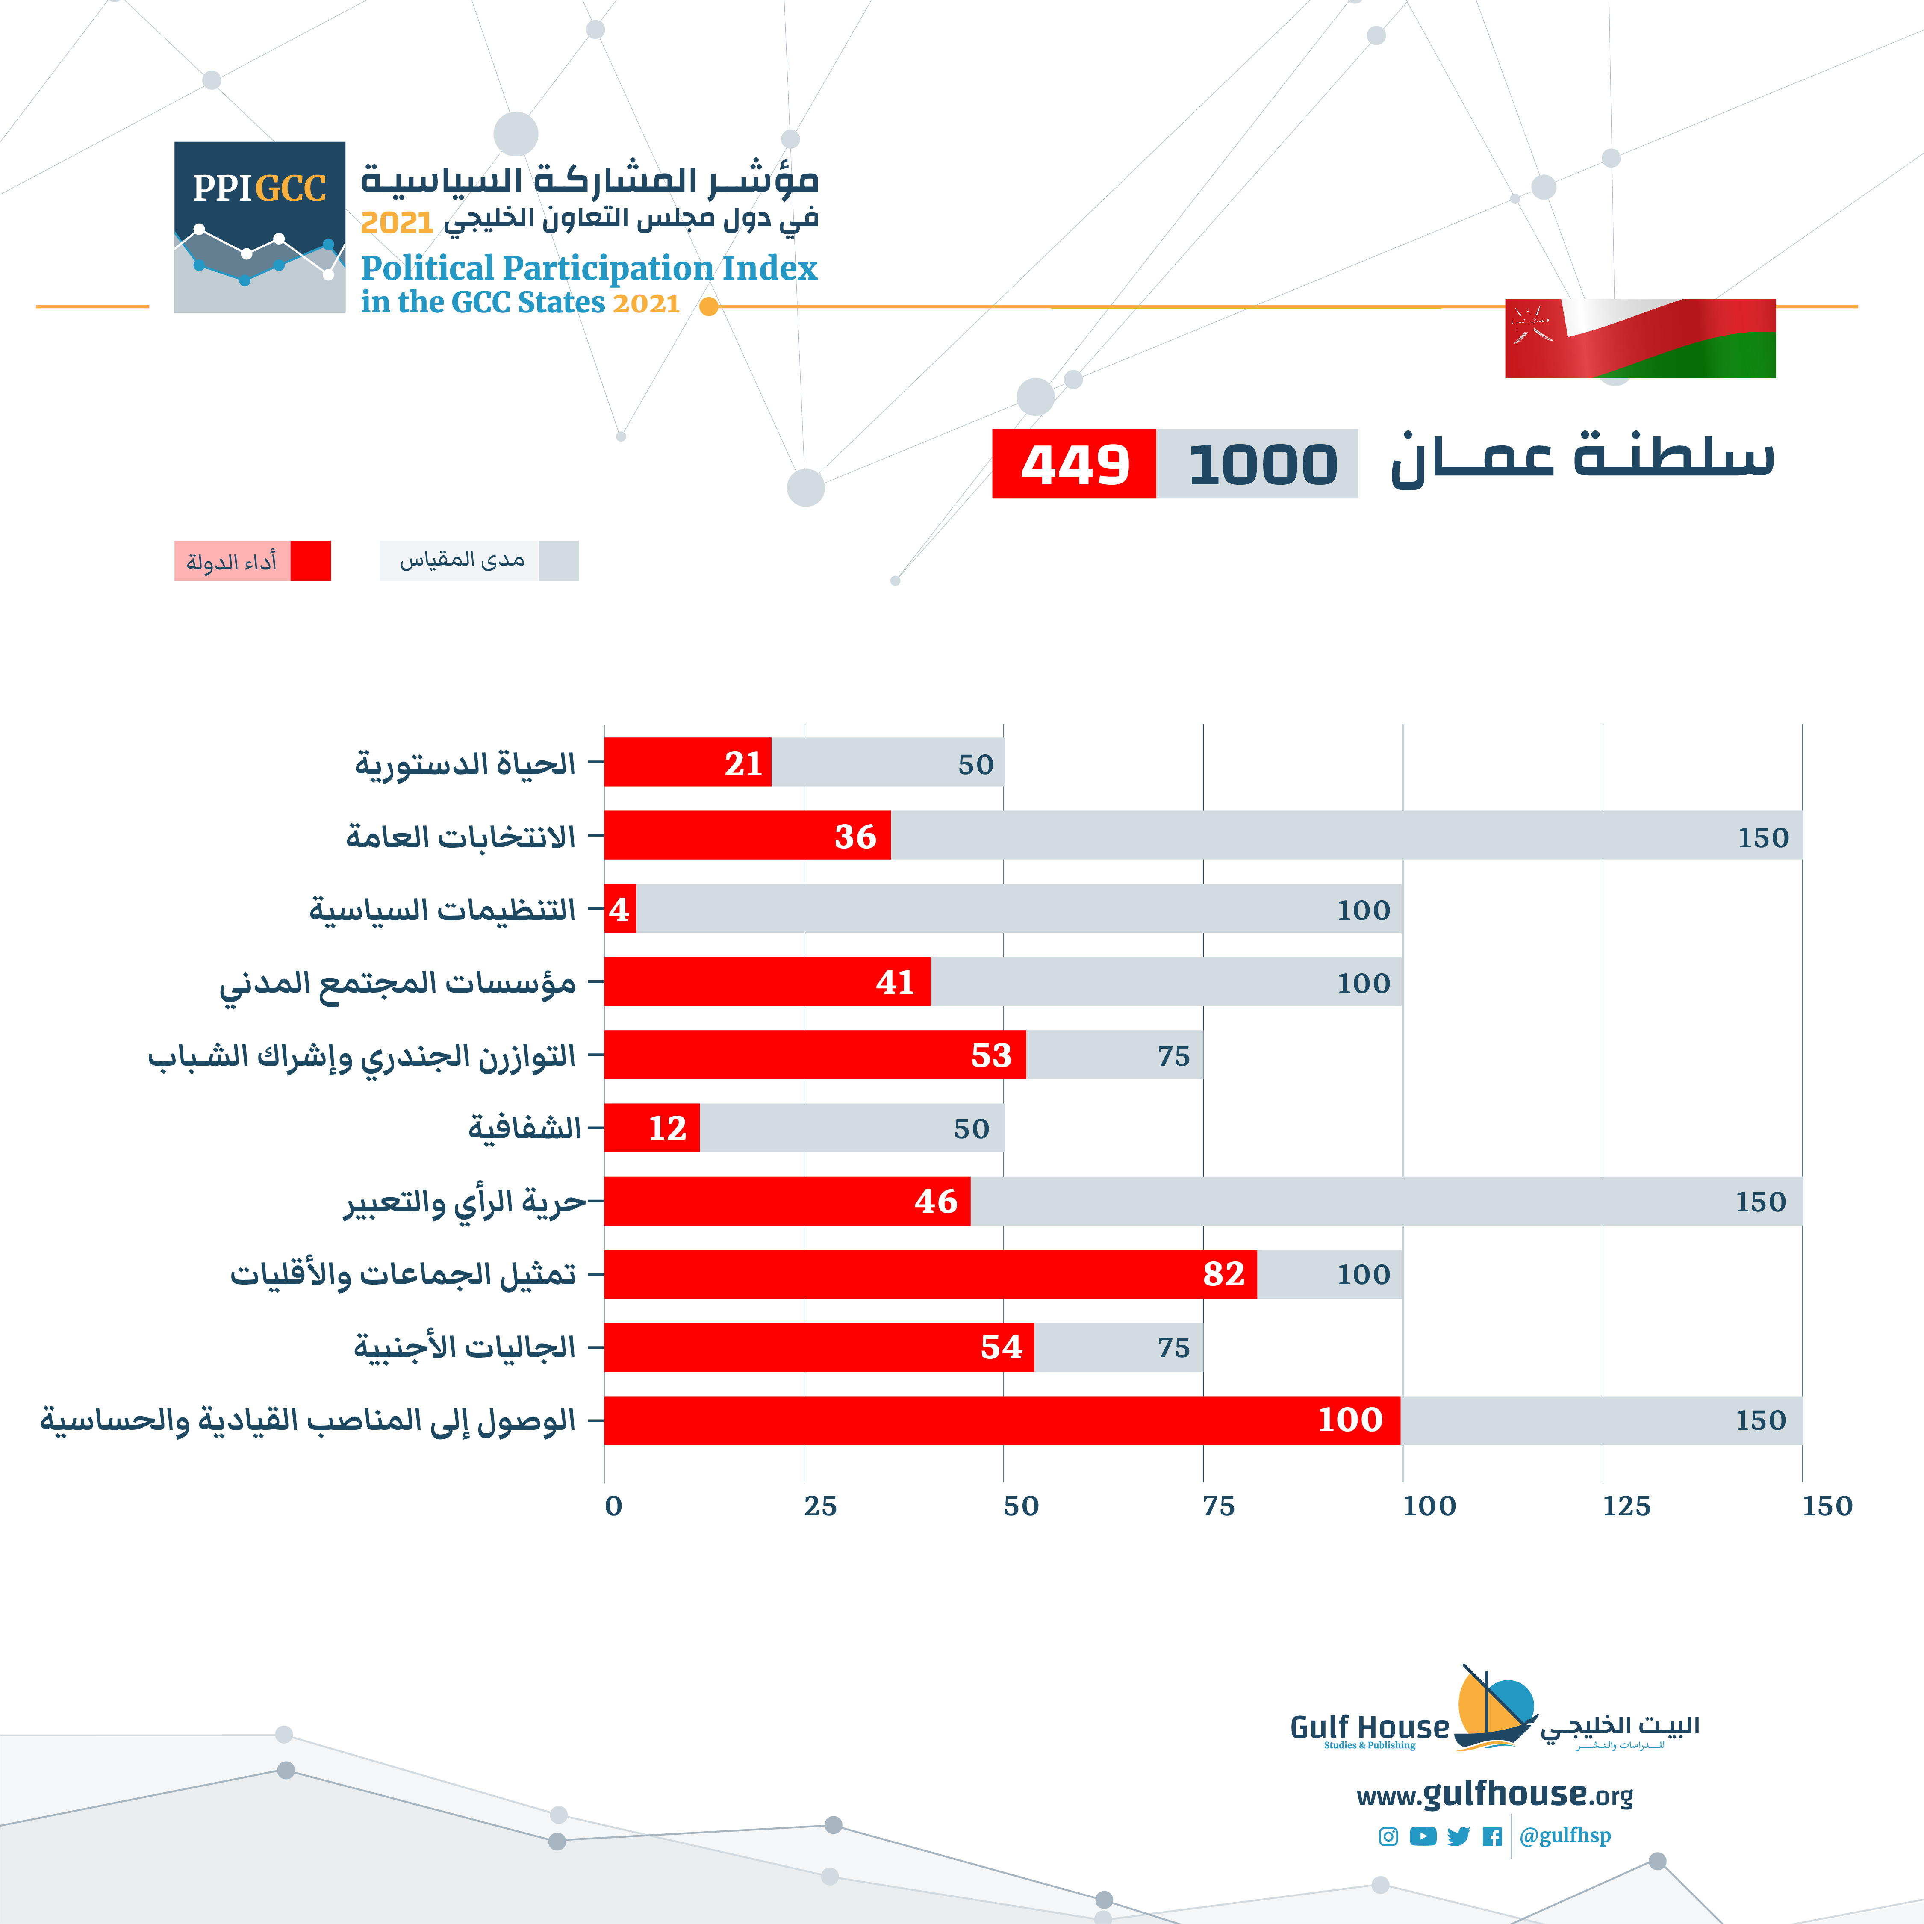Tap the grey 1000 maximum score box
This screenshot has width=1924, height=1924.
click(x=1258, y=464)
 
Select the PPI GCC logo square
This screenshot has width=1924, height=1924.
click(x=260, y=227)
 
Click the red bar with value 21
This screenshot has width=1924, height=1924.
click(x=687, y=763)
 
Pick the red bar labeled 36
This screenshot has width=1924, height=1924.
click(x=747, y=836)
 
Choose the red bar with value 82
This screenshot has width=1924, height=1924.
click(x=930, y=1274)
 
